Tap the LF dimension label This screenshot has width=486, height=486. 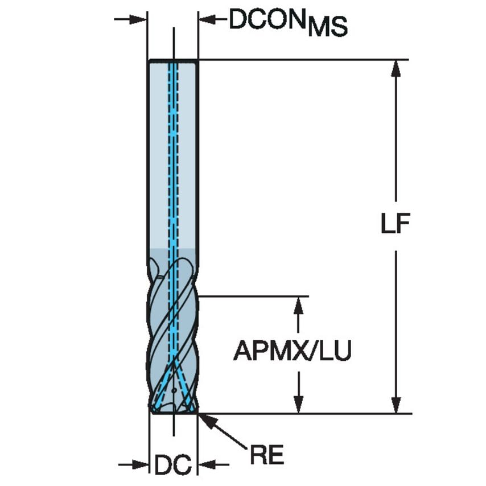pyautogui.click(x=396, y=225)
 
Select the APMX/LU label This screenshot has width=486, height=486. pyautogui.click(x=292, y=351)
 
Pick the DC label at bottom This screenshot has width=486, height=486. pyautogui.click(x=172, y=466)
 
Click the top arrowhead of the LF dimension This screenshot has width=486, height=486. pyautogui.click(x=396, y=68)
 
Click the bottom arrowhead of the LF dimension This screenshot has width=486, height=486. pyautogui.click(x=396, y=404)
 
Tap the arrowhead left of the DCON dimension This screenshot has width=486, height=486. pyautogui.click(x=140, y=19)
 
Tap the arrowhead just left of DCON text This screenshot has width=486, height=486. pyautogui.click(x=206, y=19)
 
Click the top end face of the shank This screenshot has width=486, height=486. pyautogui.click(x=173, y=60)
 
